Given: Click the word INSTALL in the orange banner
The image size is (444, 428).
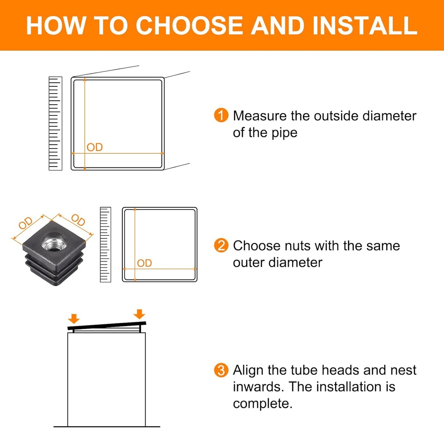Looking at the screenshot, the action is (x=365, y=26).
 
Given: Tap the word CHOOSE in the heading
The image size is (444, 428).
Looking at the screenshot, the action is (x=189, y=26).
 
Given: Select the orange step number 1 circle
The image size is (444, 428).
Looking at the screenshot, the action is (x=221, y=115).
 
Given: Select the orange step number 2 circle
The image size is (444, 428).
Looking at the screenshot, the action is (x=221, y=245).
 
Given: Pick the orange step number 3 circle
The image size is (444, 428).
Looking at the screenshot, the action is (x=221, y=370).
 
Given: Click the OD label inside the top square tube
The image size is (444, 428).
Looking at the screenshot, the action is (x=95, y=147).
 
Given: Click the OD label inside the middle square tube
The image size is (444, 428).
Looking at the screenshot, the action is (x=144, y=263).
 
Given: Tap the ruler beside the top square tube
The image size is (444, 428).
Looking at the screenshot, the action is (x=55, y=123).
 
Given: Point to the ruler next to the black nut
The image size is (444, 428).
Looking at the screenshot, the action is (x=106, y=245).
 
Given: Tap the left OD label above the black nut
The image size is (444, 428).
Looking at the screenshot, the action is (x=26, y=223).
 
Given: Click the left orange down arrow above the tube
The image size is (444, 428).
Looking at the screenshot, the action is (x=74, y=318).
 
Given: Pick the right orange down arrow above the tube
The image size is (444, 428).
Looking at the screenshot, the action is (x=139, y=314).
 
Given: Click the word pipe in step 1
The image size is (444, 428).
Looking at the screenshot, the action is (x=284, y=133).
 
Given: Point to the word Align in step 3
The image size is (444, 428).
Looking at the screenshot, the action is (x=248, y=371).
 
